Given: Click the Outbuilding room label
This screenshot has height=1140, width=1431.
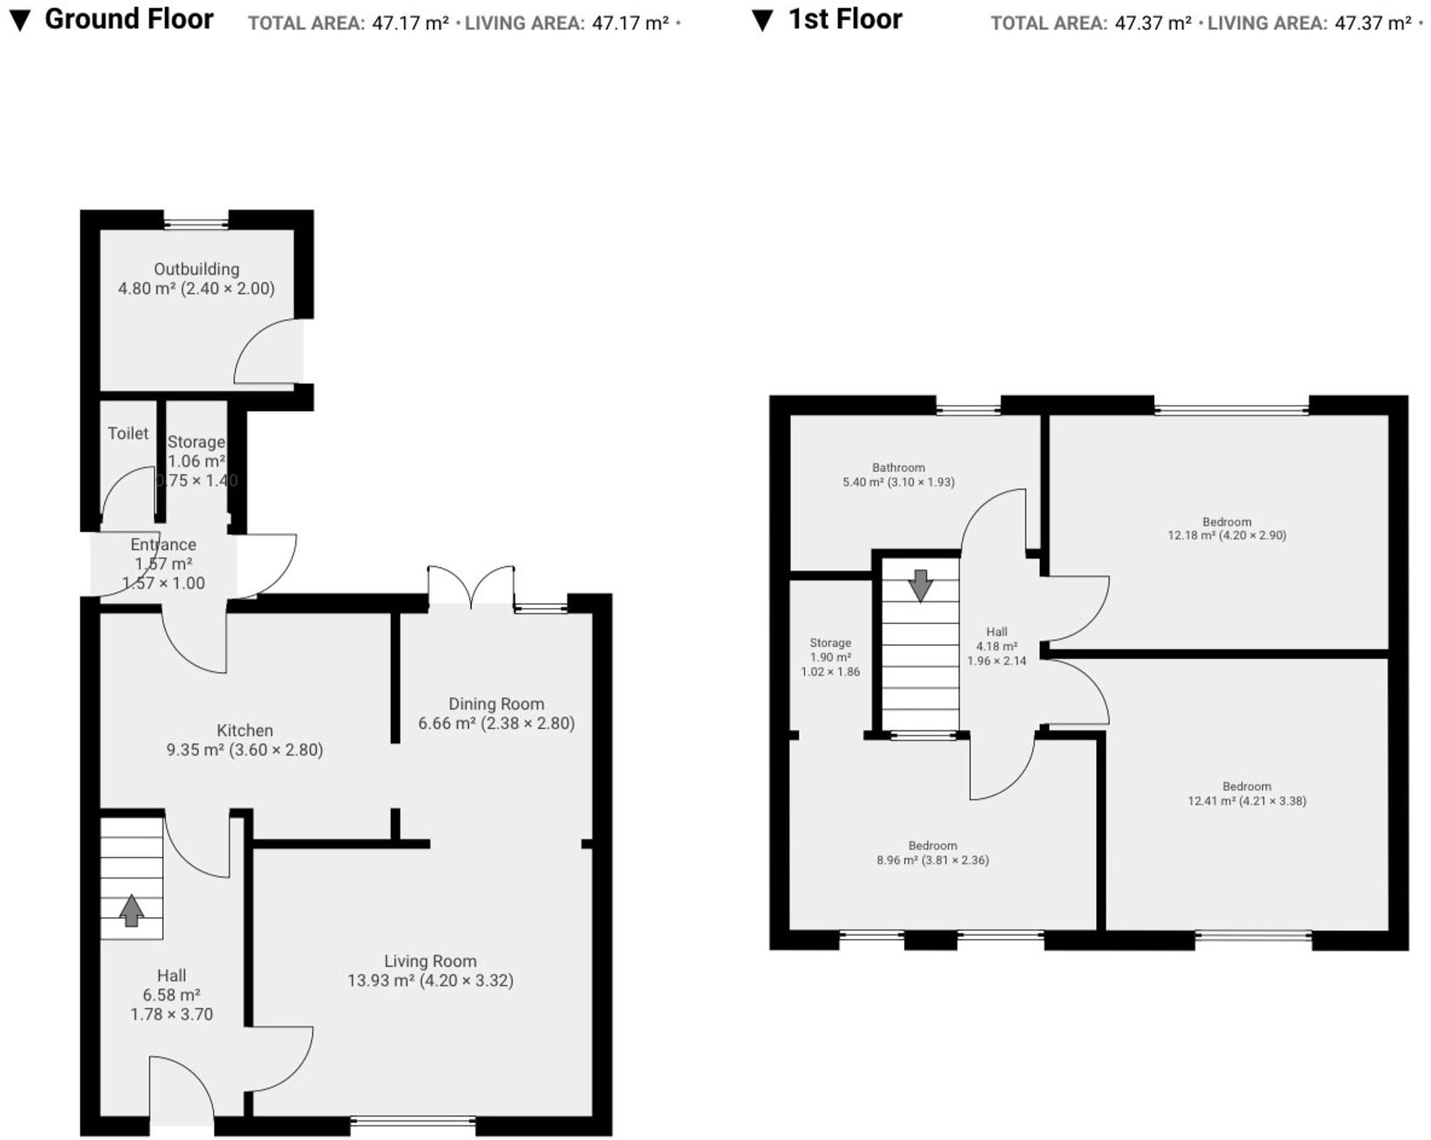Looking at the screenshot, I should coord(197,269).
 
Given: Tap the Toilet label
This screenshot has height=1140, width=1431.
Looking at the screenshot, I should coord(128,433).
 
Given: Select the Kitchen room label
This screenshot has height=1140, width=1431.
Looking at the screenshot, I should coord(245,730).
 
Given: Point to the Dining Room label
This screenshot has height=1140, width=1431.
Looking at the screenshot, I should coord(496,704).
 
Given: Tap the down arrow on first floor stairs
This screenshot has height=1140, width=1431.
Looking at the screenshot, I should coord(920,585).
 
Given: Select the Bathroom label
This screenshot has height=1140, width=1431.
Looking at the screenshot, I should coord(898,467).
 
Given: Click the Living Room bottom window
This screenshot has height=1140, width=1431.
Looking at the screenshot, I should coord(413,1122).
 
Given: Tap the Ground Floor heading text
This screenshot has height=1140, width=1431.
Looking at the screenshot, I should coord(129,19).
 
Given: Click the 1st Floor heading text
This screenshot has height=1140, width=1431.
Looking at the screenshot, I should coord(845,19).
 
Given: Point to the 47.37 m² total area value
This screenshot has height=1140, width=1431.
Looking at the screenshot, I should coord(1153,23).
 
